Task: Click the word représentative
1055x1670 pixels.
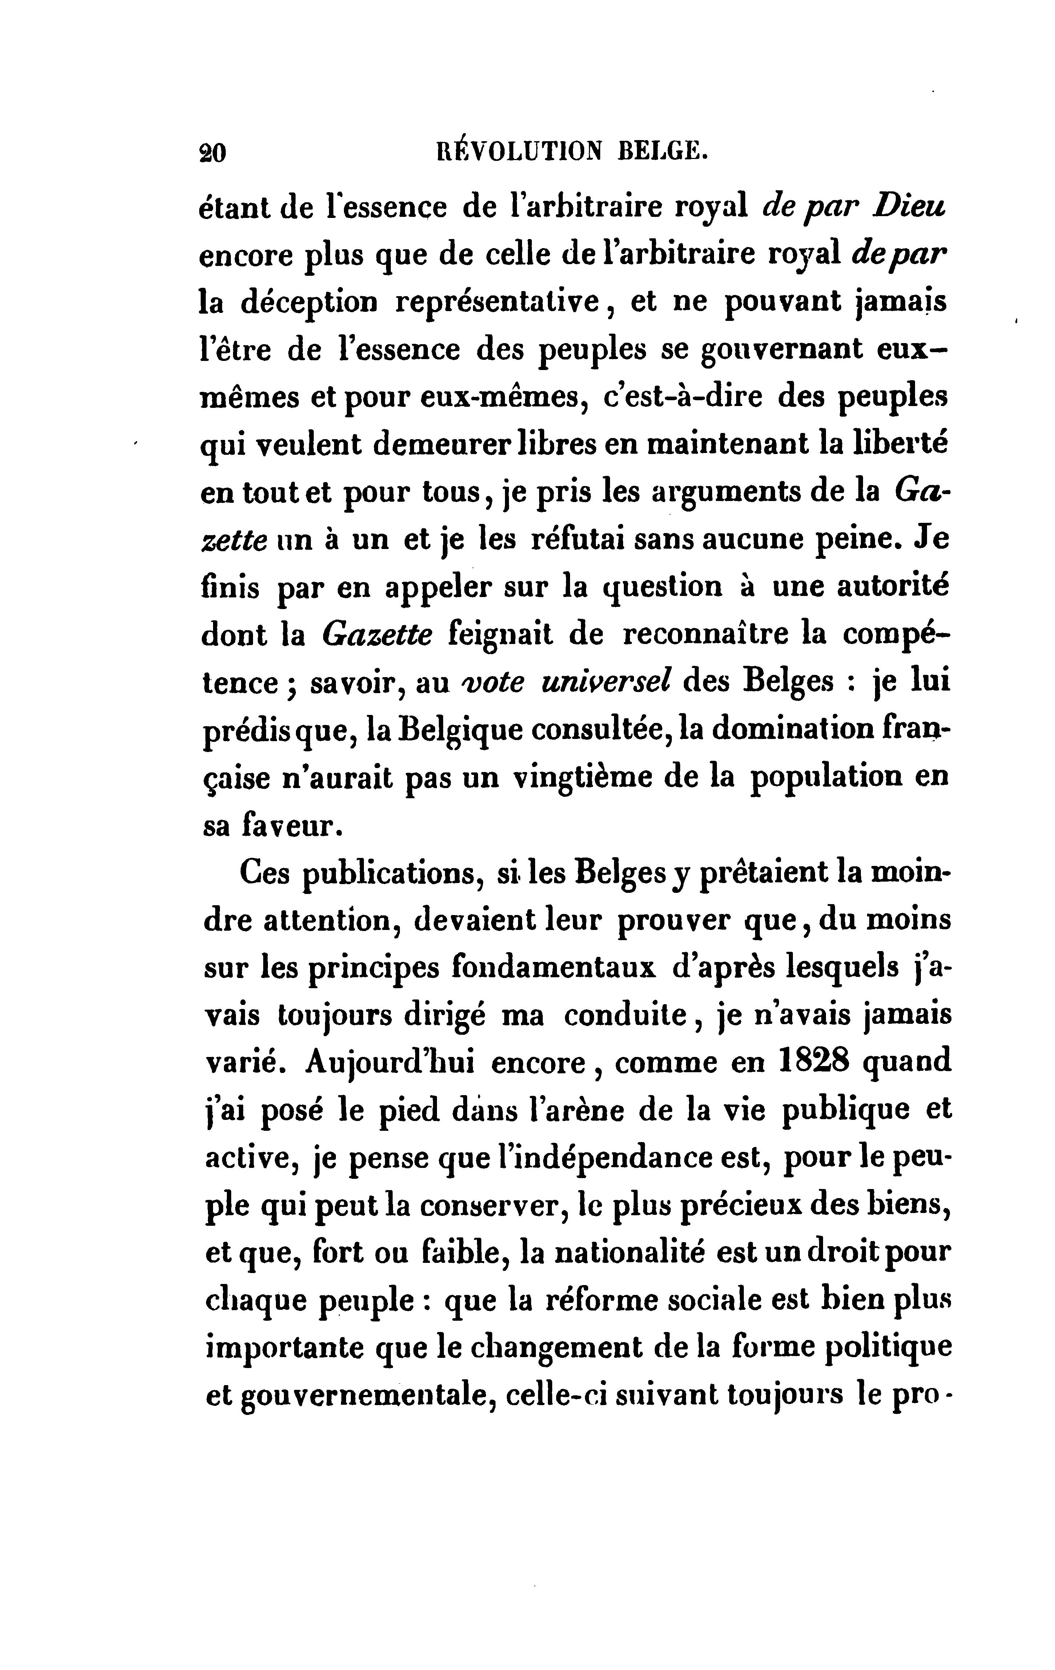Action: (502, 302)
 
